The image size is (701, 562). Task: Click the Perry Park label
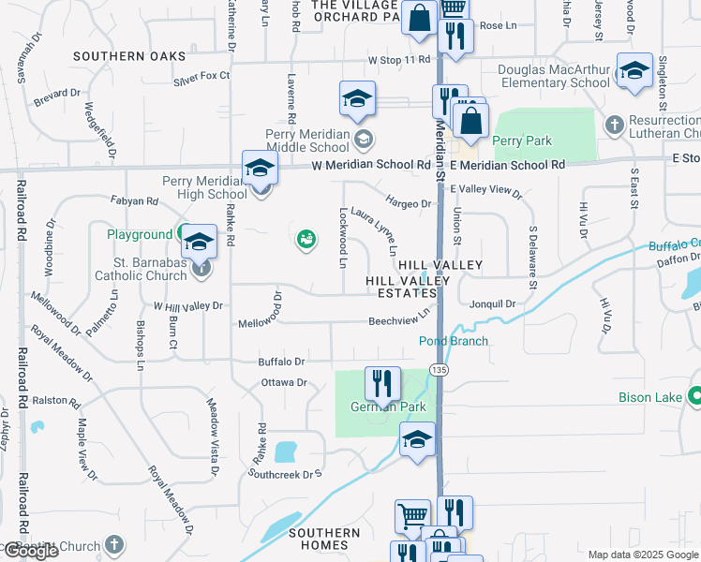pyautogui.click(x=523, y=141)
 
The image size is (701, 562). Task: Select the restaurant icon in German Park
pyautogui.click(x=382, y=382)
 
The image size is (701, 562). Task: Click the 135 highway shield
pyautogui.click(x=438, y=372)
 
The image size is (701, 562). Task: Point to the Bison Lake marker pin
pyautogui.click(x=694, y=398)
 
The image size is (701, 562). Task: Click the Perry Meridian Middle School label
pyautogui.click(x=307, y=140)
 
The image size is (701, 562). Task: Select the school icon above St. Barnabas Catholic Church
pyautogui.click(x=199, y=242)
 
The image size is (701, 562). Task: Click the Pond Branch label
pyautogui.click(x=453, y=342)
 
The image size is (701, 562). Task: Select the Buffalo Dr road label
pyautogui.click(x=282, y=362)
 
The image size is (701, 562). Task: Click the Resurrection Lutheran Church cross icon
pyautogui.click(x=615, y=124)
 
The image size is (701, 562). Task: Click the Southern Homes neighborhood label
pyautogui.click(x=324, y=539)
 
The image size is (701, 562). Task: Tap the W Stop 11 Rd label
pyautogui.click(x=398, y=60)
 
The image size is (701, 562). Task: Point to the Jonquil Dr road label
pyautogui.click(x=493, y=304)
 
